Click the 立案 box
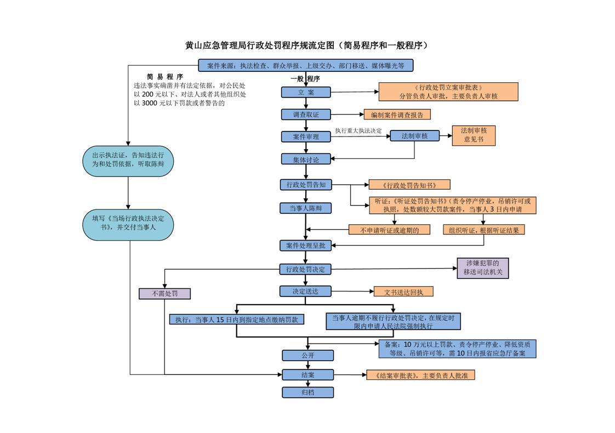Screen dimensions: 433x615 [x=306, y=92]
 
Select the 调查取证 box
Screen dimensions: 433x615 [x=306, y=115]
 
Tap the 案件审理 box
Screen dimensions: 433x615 [x=306, y=136]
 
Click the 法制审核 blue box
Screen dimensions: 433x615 [x=414, y=136]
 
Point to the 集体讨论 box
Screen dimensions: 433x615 [x=306, y=159]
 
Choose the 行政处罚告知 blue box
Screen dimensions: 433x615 [x=306, y=185]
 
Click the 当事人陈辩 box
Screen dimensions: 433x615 [x=306, y=208]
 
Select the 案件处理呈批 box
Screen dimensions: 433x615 [x=306, y=246]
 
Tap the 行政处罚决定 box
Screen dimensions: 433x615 [x=306, y=269]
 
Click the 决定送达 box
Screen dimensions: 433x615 [x=306, y=291]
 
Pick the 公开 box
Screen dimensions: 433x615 [x=307, y=355]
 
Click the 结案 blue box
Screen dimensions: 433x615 [x=307, y=375]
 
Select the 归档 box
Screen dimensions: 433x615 [x=307, y=392]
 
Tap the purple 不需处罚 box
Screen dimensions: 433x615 [x=164, y=294]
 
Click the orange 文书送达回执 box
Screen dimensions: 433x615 [x=403, y=292]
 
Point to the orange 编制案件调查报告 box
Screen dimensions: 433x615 [x=397, y=115]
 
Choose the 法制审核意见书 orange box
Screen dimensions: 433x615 [x=474, y=135]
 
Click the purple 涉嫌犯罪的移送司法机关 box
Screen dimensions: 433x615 [x=483, y=267]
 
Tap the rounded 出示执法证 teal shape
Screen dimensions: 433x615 [x=128, y=160]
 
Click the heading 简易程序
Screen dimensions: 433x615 [x=165, y=77]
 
